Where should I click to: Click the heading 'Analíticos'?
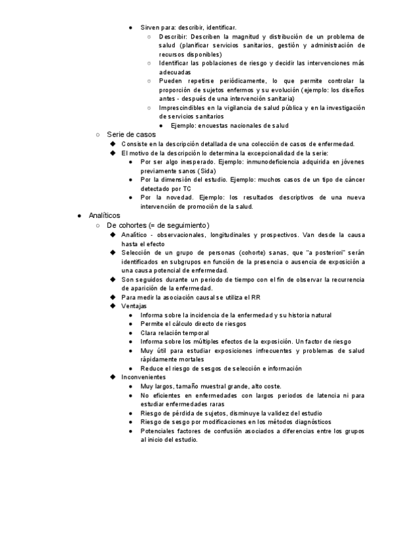point(104,216)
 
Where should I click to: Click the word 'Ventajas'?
point(134,306)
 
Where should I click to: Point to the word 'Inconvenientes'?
point(143,378)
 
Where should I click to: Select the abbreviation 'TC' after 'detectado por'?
point(187,188)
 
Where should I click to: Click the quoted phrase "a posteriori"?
point(326,253)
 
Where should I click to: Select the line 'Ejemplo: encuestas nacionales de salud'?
point(229,126)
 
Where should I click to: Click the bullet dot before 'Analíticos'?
point(79,216)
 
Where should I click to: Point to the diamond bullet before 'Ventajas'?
point(113,306)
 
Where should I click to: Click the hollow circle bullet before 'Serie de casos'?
point(97,135)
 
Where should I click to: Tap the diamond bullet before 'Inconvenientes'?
point(113,378)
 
